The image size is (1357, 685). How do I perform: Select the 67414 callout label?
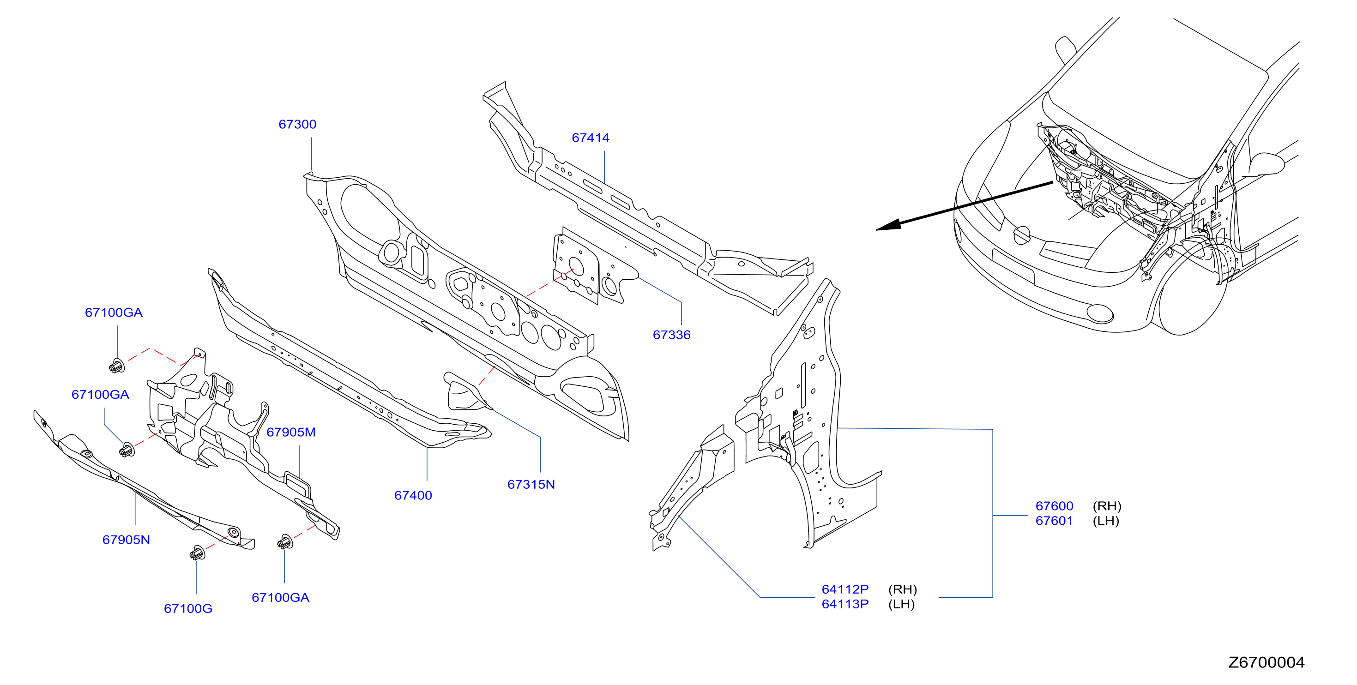pyautogui.click(x=591, y=138)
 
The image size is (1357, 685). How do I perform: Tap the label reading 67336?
pyautogui.click(x=672, y=334)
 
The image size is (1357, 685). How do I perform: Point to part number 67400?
pyautogui.click(x=413, y=495)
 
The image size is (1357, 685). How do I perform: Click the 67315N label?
pyautogui.click(x=531, y=484)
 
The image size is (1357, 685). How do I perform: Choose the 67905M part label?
pyautogui.click(x=291, y=432)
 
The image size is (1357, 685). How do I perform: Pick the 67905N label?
pyautogui.click(x=126, y=539)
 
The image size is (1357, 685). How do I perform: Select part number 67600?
pyautogui.click(x=1054, y=505)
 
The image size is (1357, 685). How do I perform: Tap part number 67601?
pyautogui.click(x=1054, y=520)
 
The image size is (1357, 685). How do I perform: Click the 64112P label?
pyautogui.click(x=845, y=589)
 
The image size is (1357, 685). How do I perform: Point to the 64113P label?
pyautogui.click(x=845, y=603)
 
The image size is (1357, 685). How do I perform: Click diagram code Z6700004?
pyautogui.click(x=1267, y=662)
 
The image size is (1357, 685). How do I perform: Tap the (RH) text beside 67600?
pyautogui.click(x=1107, y=505)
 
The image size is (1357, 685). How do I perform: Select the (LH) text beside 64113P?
pyautogui.click(x=901, y=603)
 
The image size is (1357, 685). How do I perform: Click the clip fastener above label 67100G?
pyautogui.click(x=197, y=553)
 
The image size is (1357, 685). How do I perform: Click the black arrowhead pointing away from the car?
pyautogui.click(x=888, y=225)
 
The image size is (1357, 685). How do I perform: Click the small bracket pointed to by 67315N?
pyautogui.click(x=466, y=392)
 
